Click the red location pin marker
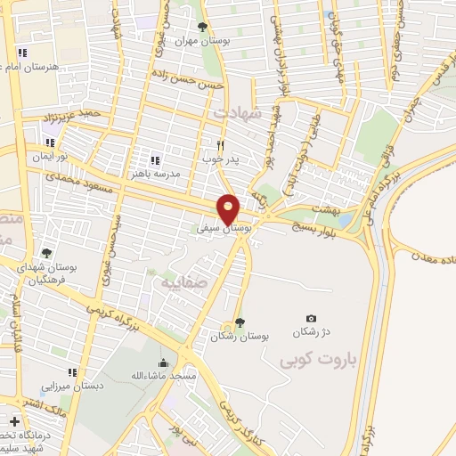click(230, 209)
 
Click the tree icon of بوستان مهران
click(201, 27)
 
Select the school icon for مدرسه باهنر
click(155, 160)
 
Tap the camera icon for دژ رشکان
click(311, 318)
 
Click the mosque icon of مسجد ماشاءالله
click(163, 363)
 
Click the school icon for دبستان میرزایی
click(73, 373)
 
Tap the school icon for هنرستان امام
click(22, 53)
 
